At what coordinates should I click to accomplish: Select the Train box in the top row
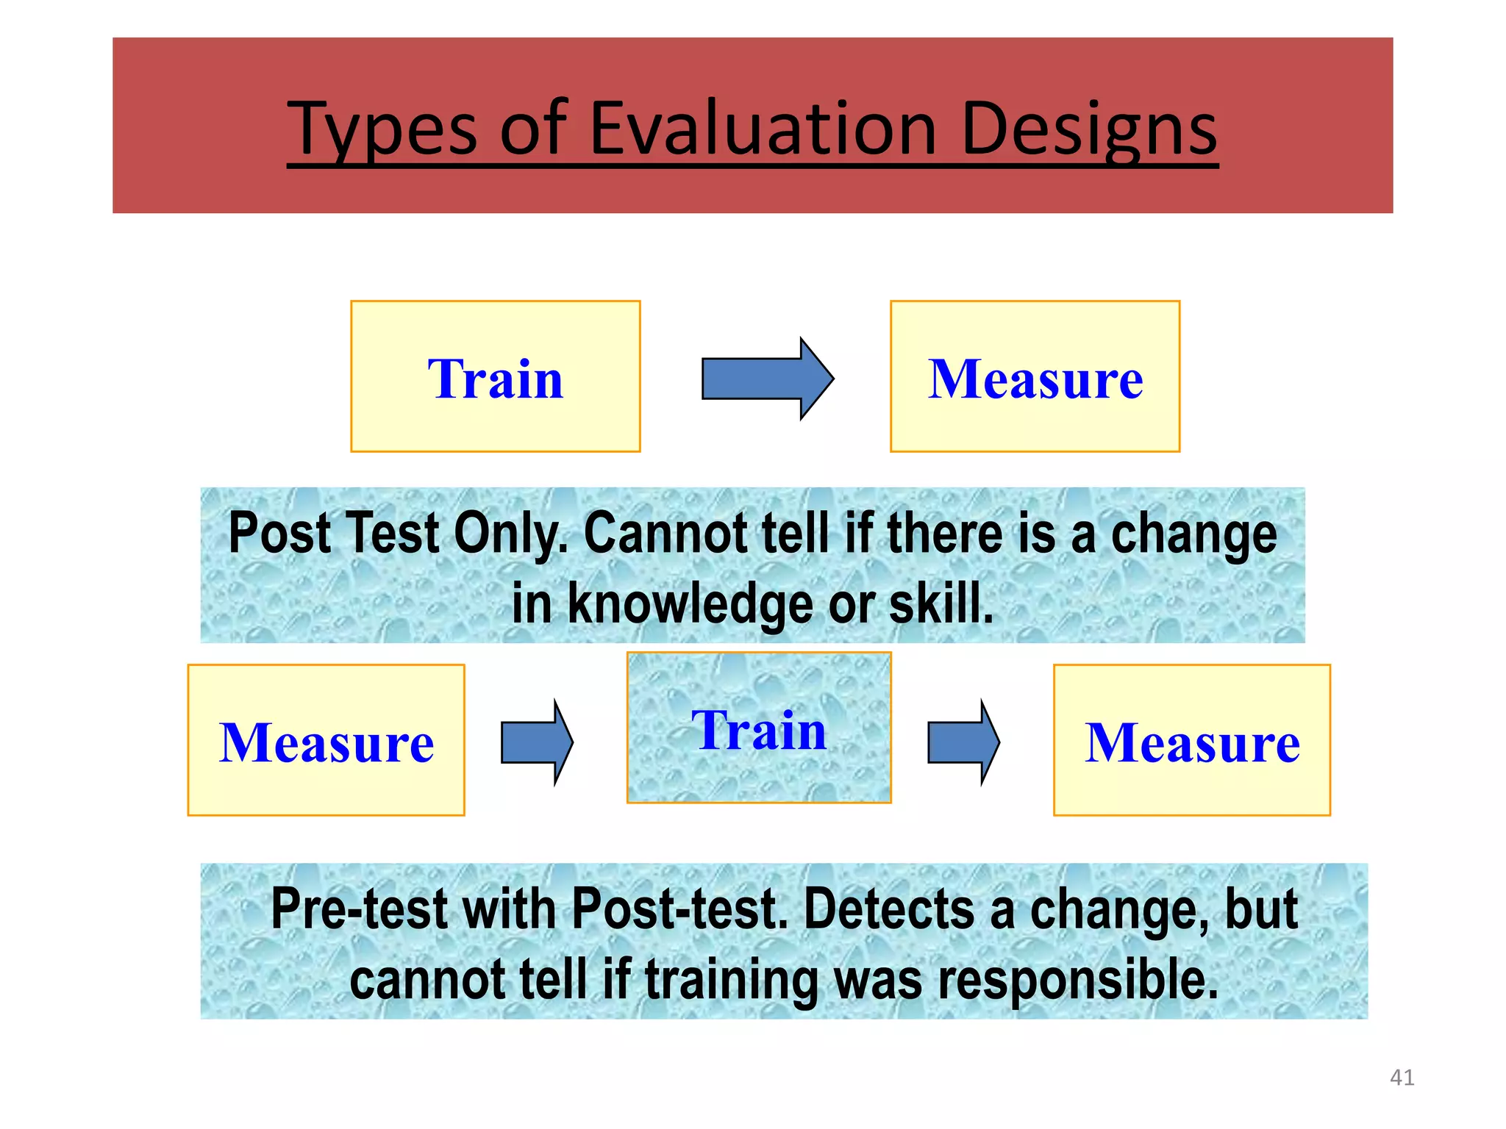(x=495, y=376)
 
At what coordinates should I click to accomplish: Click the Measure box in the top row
(x=1035, y=376)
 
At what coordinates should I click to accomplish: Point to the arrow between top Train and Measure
(x=766, y=379)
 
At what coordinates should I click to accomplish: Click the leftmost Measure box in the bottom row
(x=326, y=740)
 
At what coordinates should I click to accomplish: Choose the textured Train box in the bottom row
(x=759, y=728)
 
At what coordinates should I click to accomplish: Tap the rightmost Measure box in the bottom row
(x=1191, y=740)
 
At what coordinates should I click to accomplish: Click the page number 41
(x=1402, y=1078)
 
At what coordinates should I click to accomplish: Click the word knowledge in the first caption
(x=690, y=604)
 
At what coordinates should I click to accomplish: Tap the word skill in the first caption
(x=941, y=604)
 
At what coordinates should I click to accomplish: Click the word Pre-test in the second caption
(x=360, y=910)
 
